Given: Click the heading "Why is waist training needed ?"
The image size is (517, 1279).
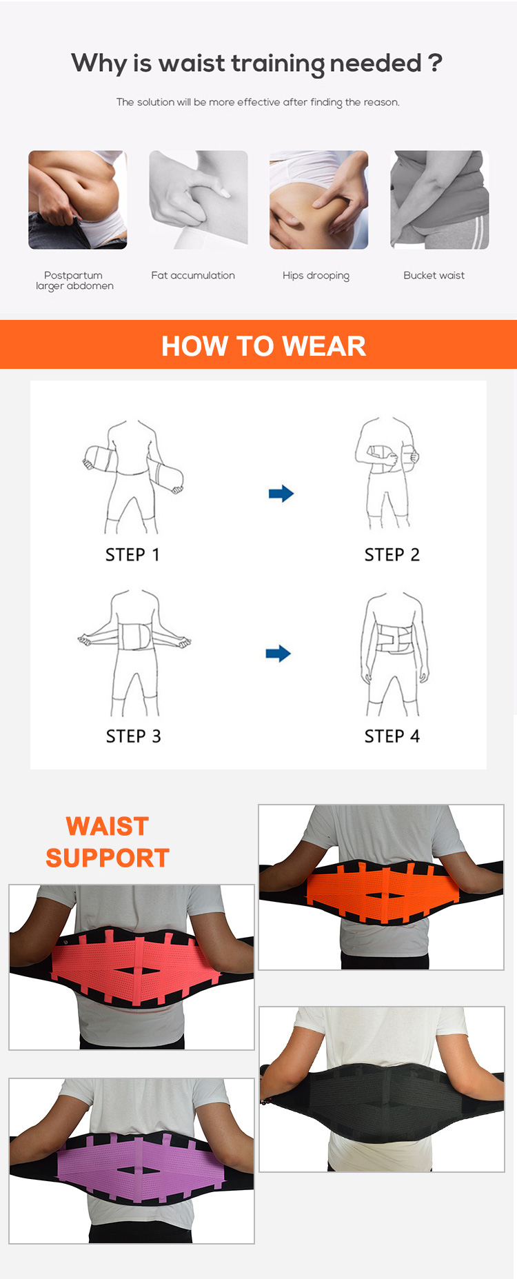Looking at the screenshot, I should click(256, 63).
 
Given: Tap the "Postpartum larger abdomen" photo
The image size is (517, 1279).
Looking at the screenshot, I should click(77, 200).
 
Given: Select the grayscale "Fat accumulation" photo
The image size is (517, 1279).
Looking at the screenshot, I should click(199, 200).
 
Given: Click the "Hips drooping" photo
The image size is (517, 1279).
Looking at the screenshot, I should click(318, 200).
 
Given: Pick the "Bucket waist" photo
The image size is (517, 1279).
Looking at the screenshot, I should click(439, 200).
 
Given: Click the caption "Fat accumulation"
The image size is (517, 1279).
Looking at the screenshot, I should click(193, 276).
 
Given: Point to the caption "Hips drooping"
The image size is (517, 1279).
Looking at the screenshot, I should click(316, 276).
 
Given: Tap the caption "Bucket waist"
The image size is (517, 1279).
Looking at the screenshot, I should click(434, 276).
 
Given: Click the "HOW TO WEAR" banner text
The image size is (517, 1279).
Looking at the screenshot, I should click(263, 346).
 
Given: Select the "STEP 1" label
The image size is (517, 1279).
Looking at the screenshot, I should click(132, 555).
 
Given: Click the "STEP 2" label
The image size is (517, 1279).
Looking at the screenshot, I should click(392, 555).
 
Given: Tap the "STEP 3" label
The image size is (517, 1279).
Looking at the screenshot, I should click(133, 736).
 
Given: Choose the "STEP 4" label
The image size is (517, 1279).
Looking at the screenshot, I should click(392, 736).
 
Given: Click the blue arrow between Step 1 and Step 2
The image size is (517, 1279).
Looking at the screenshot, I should click(281, 494).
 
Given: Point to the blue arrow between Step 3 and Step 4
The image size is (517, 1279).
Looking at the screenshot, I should click(278, 654).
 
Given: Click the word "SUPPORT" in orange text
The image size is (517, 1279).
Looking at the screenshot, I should click(108, 858).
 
